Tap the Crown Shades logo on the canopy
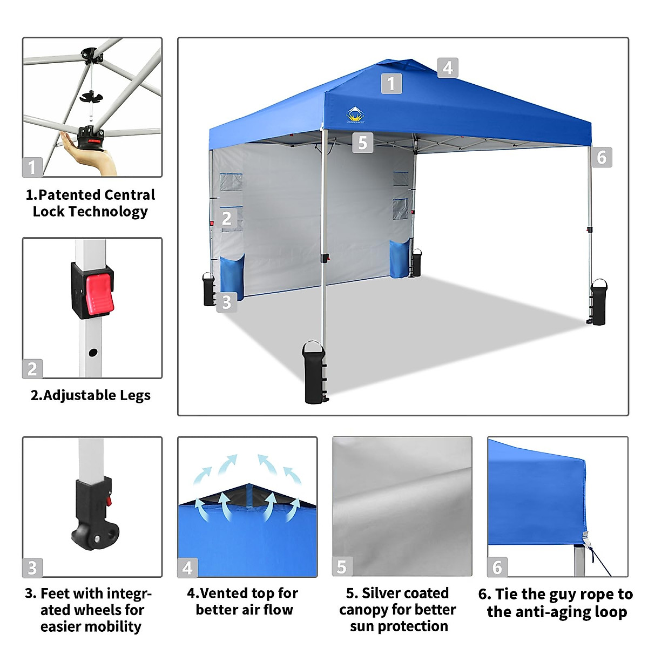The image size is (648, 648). click(x=355, y=114)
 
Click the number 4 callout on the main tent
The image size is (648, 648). click(x=448, y=68)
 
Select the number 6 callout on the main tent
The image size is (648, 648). click(x=602, y=157)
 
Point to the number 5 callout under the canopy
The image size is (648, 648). click(x=362, y=143)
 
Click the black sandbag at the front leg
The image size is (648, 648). click(x=315, y=374)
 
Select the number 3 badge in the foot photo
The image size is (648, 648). click(x=32, y=568)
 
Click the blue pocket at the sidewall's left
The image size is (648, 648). click(x=232, y=276)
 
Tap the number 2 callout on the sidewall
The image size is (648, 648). click(x=227, y=218)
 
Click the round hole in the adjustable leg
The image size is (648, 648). click(x=93, y=353)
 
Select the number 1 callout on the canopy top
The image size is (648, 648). click(x=391, y=84)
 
